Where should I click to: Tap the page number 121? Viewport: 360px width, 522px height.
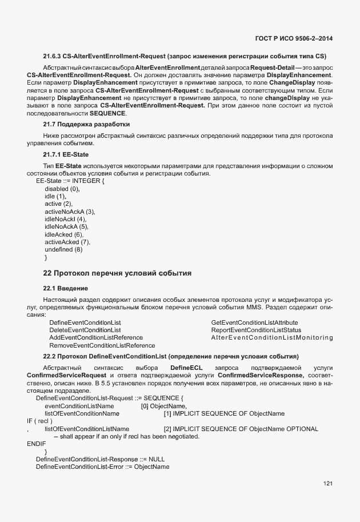pyautogui.click(x=327, y=484)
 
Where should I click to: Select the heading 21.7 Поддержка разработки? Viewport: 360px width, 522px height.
pyautogui.click(x=86, y=124)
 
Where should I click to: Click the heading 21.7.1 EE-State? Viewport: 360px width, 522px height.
pyautogui.click(x=66, y=154)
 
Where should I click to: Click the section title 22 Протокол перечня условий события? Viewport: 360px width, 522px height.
pyautogui.click(x=117, y=273)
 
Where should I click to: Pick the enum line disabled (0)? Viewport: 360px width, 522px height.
pyautogui.click(x=62, y=189)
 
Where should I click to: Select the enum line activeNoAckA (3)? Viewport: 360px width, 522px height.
pyautogui.click(x=70, y=212)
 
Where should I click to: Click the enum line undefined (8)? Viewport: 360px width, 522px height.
pyautogui.click(x=63, y=249)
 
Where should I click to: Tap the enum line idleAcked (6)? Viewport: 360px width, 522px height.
pyautogui.click(x=64, y=234)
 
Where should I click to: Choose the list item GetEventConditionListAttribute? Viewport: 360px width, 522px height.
pyautogui.click(x=254, y=322)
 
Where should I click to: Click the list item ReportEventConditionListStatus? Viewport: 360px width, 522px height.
pyautogui.click(x=255, y=330)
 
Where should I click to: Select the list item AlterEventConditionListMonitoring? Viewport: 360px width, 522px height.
pyautogui.click(x=271, y=338)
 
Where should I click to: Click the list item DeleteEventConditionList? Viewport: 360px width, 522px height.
pyautogui.click(x=85, y=330)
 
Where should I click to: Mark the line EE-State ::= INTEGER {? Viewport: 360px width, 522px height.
pyautogui.click(x=70, y=181)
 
